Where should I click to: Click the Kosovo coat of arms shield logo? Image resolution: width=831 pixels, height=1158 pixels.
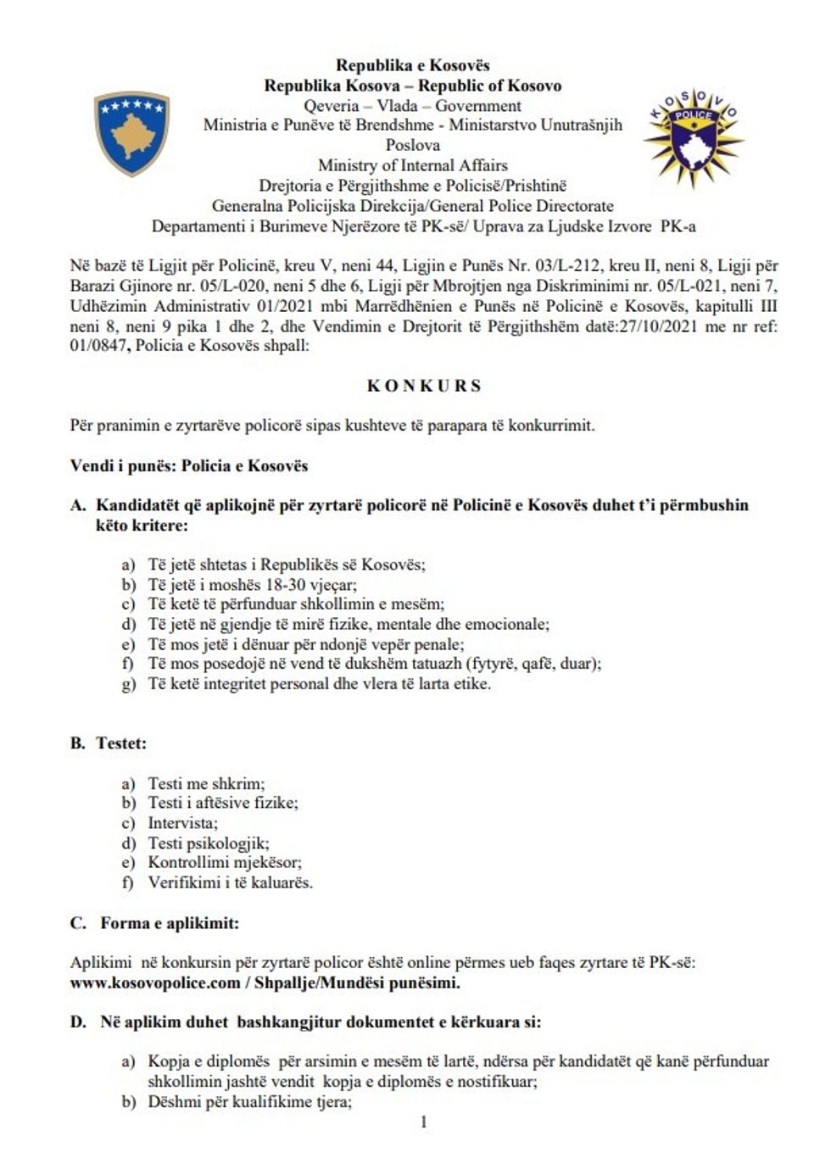coord(131,133)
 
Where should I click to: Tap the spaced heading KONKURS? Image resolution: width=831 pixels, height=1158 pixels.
coord(423,386)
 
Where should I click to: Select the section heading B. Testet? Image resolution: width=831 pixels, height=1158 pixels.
coord(108,743)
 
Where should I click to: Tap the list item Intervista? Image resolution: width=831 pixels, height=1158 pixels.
coord(182,823)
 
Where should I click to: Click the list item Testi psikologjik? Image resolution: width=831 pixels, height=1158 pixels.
coord(208,843)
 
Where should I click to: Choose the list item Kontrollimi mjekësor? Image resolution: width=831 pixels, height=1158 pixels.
coord(225,863)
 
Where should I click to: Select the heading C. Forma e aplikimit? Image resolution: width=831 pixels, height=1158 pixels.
coord(154,923)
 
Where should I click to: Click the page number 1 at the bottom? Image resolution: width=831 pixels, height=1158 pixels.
coord(423,1122)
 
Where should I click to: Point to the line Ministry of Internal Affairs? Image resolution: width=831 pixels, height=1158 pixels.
coord(412,165)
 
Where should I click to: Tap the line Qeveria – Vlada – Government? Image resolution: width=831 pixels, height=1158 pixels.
coord(412,106)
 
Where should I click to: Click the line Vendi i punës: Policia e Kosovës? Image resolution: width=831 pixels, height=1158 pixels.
coord(188,465)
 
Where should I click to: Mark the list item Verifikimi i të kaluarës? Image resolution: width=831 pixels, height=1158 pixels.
coord(230,882)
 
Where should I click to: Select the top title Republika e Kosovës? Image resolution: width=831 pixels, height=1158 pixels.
coord(412,65)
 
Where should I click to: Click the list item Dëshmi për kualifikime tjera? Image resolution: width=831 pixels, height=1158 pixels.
coord(249,1102)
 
